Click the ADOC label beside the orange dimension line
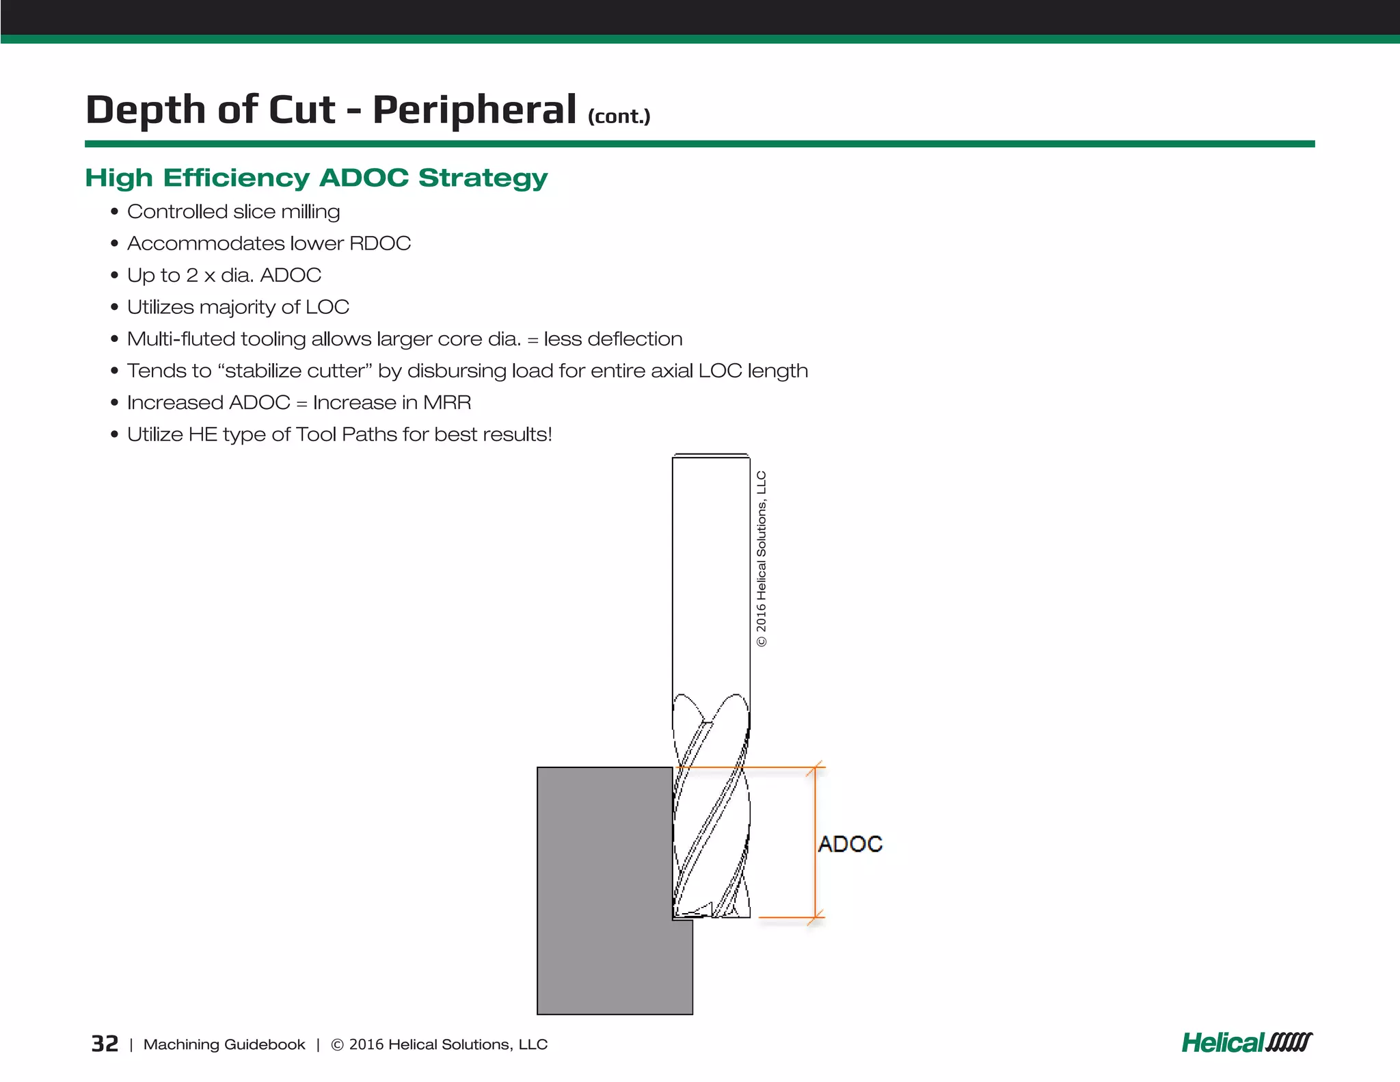tap(850, 844)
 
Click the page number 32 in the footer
tap(105, 1044)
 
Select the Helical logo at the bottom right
tap(1246, 1042)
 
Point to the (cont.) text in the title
tap(619, 116)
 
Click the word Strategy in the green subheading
tap(483, 178)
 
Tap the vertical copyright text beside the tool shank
tap(762, 558)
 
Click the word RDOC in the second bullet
tap(380, 243)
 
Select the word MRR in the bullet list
tap(447, 402)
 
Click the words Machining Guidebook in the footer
tap(224, 1044)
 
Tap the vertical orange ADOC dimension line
tap(815, 843)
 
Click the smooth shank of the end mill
tap(711, 575)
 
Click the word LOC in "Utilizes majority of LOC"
tap(327, 307)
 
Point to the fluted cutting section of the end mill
tap(711, 821)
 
